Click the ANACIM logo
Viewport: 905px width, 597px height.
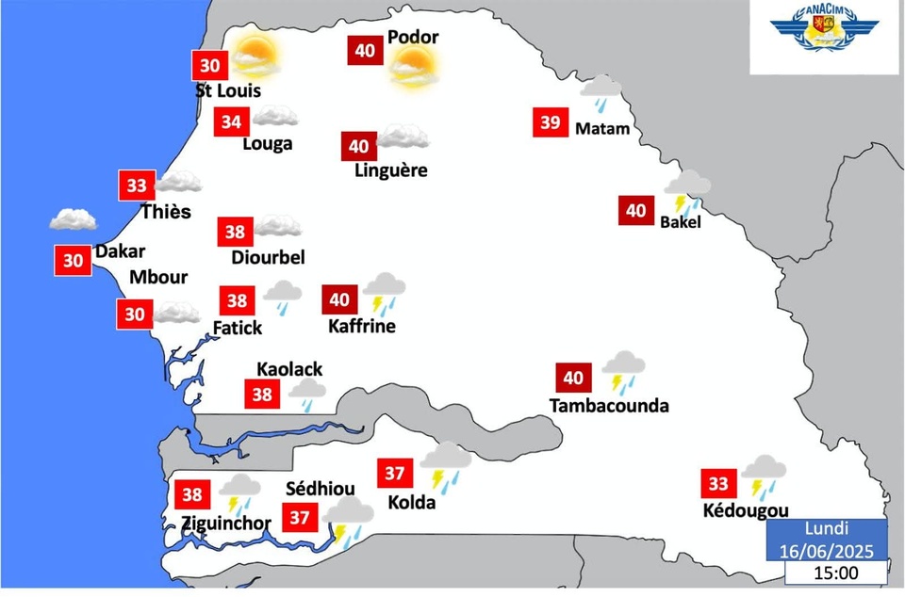[x=825, y=34]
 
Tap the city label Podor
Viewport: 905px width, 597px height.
[x=413, y=38]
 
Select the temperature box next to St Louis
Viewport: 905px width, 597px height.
[x=210, y=66]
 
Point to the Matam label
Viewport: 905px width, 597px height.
[x=601, y=128]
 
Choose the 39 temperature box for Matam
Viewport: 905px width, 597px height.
[x=551, y=121]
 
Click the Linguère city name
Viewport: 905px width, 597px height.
[x=391, y=170]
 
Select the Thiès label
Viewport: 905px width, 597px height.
[x=166, y=212]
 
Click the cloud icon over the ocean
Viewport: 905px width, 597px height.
[x=73, y=219]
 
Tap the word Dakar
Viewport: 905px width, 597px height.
[x=120, y=251]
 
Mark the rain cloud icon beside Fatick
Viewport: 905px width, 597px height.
[x=282, y=296]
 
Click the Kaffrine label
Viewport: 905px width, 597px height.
[x=362, y=327]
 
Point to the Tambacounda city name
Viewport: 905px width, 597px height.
[x=609, y=406]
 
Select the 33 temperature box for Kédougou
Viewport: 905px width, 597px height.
[x=718, y=484]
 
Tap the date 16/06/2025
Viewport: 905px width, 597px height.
[x=826, y=550]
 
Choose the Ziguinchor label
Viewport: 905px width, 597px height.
[x=226, y=524]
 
